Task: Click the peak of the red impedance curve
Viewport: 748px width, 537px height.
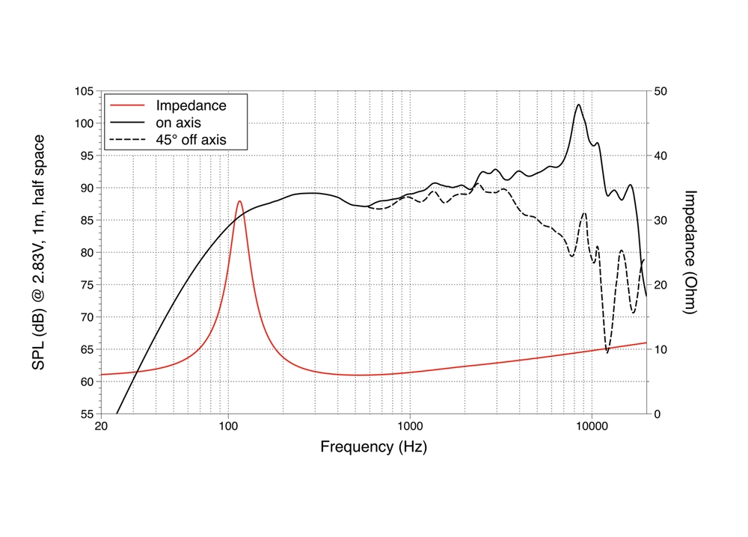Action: click(x=239, y=201)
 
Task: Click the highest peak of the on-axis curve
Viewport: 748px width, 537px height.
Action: click(x=578, y=105)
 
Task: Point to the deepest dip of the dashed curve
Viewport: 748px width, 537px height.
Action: click(x=607, y=352)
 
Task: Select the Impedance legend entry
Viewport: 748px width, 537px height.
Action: click(x=190, y=105)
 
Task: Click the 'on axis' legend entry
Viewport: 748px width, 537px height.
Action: click(x=178, y=123)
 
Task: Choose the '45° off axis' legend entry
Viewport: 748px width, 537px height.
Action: click(x=190, y=140)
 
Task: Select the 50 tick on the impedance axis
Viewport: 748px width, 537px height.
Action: click(x=660, y=91)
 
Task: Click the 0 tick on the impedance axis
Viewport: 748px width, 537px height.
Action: click(x=657, y=414)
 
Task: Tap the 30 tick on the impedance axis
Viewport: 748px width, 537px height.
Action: click(x=660, y=221)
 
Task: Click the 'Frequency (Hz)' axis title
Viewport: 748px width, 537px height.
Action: click(x=374, y=447)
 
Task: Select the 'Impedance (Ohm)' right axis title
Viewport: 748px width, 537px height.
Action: click(x=690, y=252)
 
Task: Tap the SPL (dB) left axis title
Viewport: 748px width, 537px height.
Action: click(x=40, y=252)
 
